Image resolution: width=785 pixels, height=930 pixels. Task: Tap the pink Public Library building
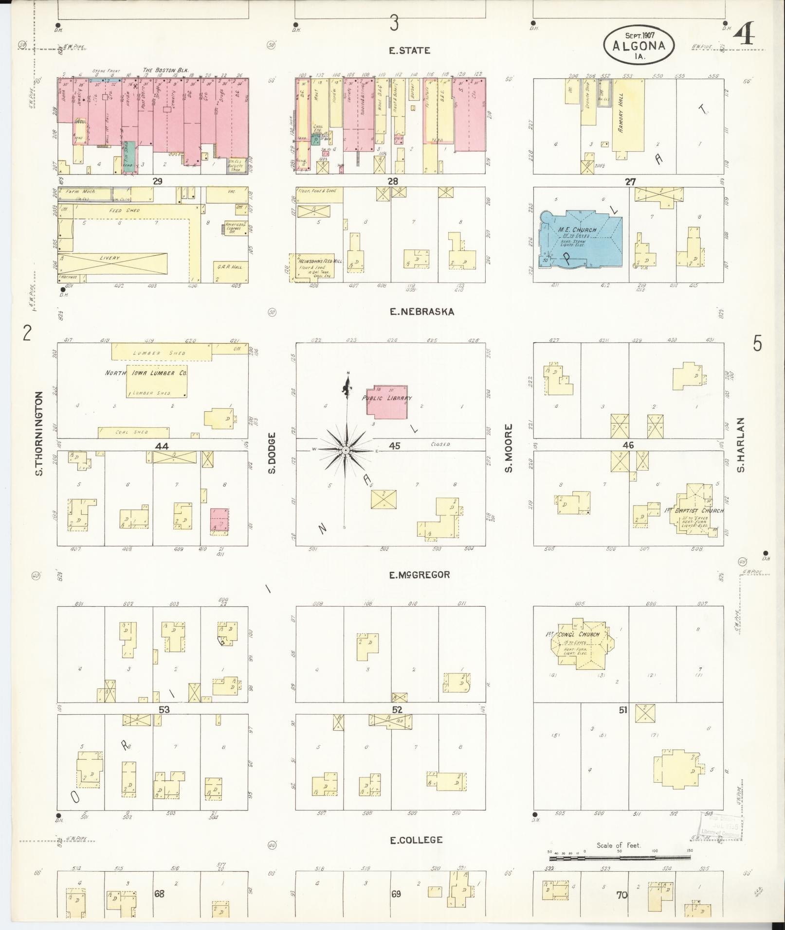[387, 402]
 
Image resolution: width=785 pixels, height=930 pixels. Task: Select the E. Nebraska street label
[422, 312]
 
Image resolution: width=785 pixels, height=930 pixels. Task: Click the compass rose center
[346, 451]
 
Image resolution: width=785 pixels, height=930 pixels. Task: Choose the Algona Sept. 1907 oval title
[639, 44]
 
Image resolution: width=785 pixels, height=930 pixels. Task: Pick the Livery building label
[110, 258]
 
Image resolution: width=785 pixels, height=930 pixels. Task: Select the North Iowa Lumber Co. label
[146, 373]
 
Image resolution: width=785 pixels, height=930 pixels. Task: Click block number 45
[394, 445]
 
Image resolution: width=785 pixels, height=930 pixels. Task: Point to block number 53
[164, 709]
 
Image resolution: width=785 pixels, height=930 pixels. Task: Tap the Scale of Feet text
[619, 845]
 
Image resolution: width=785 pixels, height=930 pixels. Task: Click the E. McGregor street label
[420, 575]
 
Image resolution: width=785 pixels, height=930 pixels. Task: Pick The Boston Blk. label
[165, 70]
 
